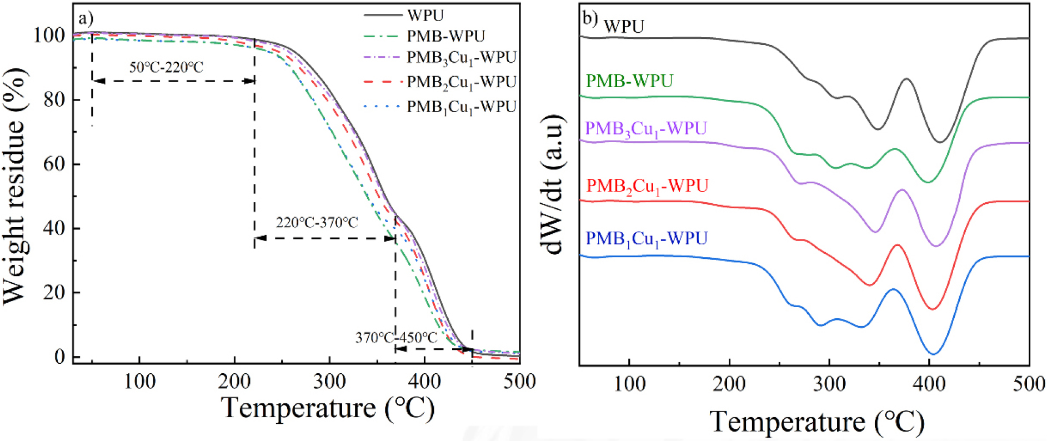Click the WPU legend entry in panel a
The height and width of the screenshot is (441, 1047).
[425, 16]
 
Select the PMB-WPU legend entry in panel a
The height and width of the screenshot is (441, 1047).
[445, 37]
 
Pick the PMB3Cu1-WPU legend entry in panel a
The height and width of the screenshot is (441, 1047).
[461, 58]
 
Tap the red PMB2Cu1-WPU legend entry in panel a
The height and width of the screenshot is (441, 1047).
[461, 82]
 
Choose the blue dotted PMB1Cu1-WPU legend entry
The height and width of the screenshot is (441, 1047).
[461, 107]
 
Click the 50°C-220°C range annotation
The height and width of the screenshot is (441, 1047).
[166, 68]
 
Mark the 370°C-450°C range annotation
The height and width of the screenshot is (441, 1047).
[396, 338]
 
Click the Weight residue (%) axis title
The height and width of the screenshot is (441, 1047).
[15, 186]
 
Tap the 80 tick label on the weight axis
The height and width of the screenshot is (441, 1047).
[54, 100]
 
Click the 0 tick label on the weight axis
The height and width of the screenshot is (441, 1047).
[59, 357]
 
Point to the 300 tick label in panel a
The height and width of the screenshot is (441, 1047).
[329, 382]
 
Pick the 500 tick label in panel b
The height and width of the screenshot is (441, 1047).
[1028, 384]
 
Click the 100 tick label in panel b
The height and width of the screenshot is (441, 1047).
[629, 384]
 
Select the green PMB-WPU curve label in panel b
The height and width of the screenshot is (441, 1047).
[629, 81]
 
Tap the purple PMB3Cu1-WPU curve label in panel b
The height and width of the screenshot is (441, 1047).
[645, 129]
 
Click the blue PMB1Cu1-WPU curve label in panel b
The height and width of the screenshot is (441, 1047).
[647, 239]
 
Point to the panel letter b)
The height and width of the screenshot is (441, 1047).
[590, 19]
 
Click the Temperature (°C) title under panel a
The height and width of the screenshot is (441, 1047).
[328, 408]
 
